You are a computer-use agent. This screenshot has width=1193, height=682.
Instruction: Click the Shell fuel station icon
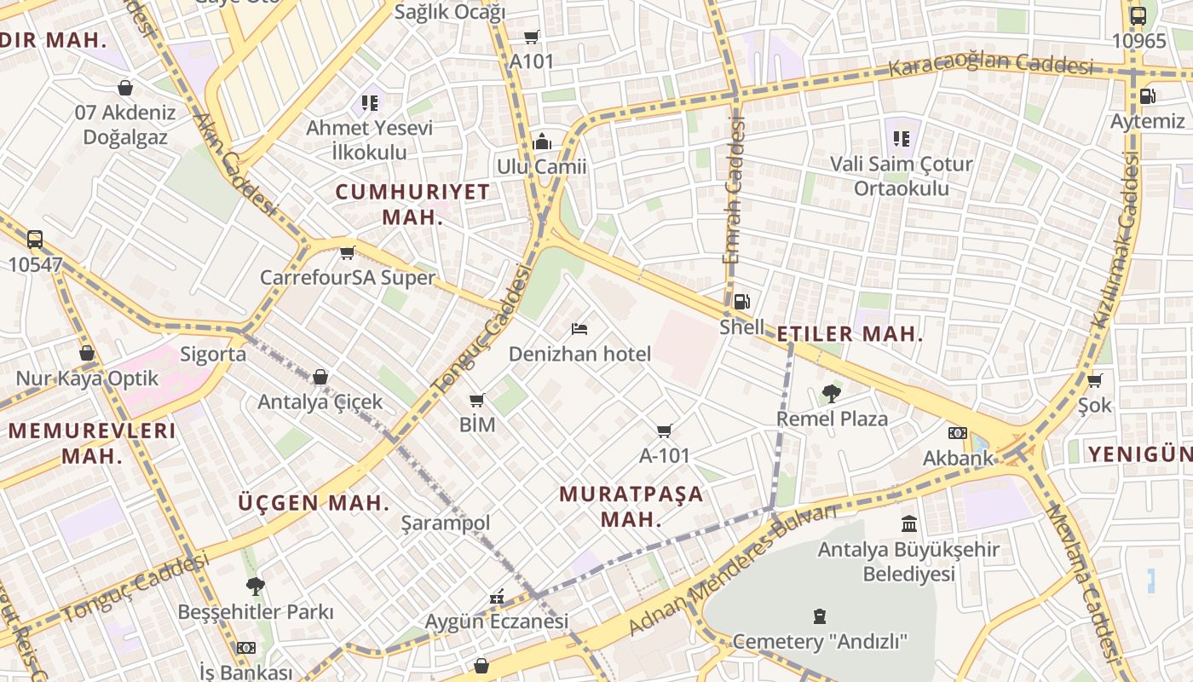coord(741,301)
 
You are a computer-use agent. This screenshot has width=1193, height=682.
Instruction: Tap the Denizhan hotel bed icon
coord(579,328)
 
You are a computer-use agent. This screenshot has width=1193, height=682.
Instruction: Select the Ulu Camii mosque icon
coord(542,142)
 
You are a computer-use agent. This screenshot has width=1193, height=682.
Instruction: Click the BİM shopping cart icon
coord(477,400)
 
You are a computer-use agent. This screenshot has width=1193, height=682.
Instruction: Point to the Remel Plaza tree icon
coord(831,393)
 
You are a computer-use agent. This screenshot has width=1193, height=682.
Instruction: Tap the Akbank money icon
coord(958,433)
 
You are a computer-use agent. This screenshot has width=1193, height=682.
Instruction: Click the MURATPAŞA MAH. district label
coord(631,506)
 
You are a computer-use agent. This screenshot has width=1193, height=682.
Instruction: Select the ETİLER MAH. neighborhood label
coord(850,334)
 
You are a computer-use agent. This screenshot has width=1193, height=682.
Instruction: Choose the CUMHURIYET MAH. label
coord(412,204)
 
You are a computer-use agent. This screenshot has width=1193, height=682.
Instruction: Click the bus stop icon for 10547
coord(35,240)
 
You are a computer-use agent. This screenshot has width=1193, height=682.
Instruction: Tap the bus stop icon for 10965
coord(1138,15)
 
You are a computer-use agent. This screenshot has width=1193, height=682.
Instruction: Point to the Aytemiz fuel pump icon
coord(1148,96)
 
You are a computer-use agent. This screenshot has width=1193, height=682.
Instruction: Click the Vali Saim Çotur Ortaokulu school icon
coord(902,137)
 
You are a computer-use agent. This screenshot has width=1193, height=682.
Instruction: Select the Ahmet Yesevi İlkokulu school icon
coord(370,103)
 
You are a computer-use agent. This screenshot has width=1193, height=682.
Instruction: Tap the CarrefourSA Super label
coord(348,278)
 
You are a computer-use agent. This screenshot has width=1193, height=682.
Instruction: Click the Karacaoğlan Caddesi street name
coord(990,64)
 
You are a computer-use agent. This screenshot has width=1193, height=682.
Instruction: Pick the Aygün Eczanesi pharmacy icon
coord(497,597)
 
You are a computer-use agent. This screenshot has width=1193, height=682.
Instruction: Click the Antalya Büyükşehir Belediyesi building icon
coord(908,523)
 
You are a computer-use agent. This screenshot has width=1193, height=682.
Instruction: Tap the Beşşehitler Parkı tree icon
coord(255,586)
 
